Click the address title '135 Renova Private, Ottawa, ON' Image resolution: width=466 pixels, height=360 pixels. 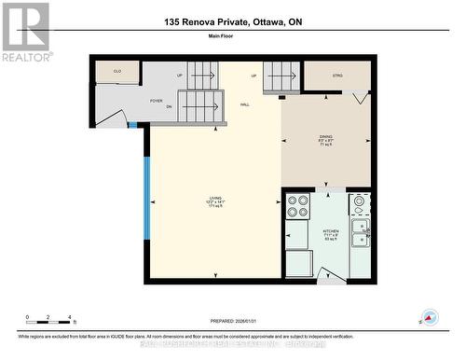coord(233,21)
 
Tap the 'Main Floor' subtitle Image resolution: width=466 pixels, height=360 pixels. coord(233,38)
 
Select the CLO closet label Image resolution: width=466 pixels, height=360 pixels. coord(117,72)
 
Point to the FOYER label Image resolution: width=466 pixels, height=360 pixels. coord(157,100)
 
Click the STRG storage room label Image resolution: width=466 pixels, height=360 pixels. coord(337,76)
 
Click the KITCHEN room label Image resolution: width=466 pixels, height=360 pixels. coord(330,233)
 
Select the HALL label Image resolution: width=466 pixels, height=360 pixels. coord(244,104)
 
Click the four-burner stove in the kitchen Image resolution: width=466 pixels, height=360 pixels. coord(298,206)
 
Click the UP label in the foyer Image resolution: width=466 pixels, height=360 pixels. coord(179,76)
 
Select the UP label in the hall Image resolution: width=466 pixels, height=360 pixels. coord(254,76)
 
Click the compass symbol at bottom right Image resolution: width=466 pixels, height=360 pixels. coord(429,318)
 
